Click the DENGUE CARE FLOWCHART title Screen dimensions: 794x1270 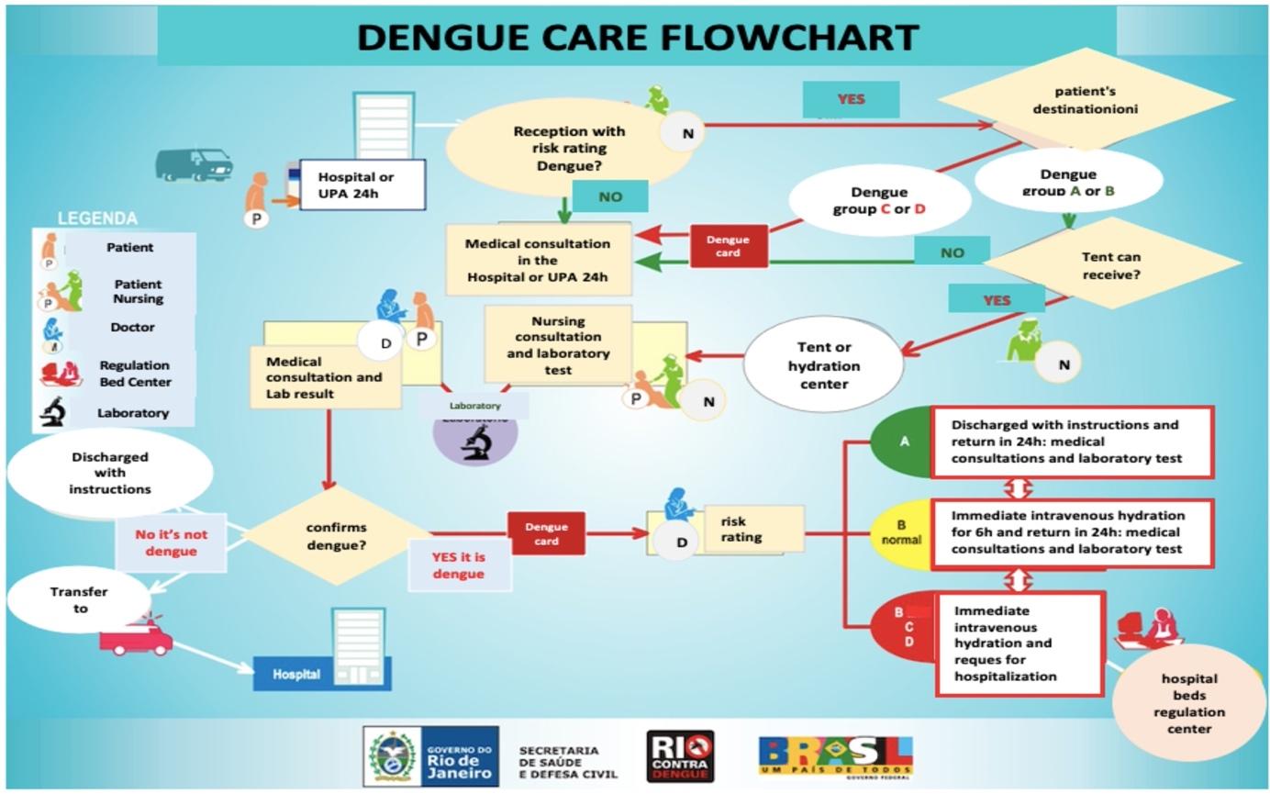coord(637,37)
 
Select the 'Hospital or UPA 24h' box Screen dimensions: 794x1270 coord(362,185)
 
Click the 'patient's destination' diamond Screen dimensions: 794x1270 coord(1086,99)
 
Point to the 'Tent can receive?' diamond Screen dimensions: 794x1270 coord(1111,264)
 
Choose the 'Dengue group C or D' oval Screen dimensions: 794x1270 coord(879,200)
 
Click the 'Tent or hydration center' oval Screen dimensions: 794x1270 coord(824,364)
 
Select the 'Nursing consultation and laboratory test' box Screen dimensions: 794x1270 coord(558,345)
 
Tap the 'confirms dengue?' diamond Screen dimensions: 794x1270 coord(336,535)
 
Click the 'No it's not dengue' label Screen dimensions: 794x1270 coord(171,542)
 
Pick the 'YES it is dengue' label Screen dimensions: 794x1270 coord(459,565)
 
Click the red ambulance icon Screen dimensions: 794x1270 coord(136,636)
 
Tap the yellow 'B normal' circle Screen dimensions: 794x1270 coord(901,533)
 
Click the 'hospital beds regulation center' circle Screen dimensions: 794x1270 coord(1188,703)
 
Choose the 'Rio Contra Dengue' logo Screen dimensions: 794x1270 coord(680,756)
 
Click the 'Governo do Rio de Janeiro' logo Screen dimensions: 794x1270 coord(431,756)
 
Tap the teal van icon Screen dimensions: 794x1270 coord(194,164)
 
